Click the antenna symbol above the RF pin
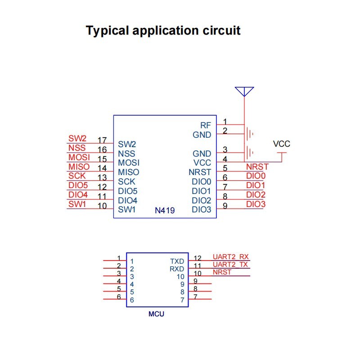[x=244, y=91]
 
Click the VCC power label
[x=282, y=144]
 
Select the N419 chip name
[x=164, y=210]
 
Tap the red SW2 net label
[x=77, y=139]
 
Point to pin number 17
[x=102, y=140]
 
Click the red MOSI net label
[x=79, y=157]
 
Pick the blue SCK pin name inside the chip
[x=126, y=182]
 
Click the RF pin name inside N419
[x=206, y=125]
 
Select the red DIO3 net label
[x=256, y=204]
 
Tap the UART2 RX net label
[x=230, y=256]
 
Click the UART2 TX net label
[x=230, y=265]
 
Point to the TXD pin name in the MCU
[x=177, y=261]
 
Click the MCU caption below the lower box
[x=156, y=314]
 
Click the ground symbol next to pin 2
[x=250, y=134]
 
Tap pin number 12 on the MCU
[x=198, y=258]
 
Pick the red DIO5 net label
[x=78, y=185]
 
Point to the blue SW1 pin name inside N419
[x=127, y=210]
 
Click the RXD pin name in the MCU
[x=177, y=269]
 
